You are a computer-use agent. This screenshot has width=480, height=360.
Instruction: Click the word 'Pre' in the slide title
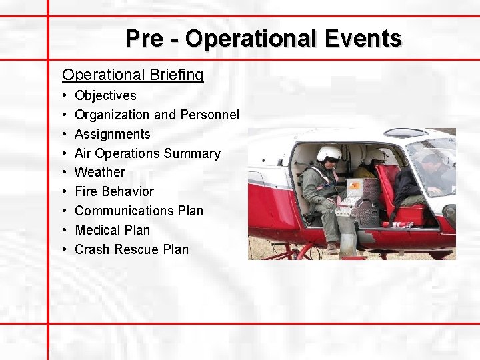pyautogui.click(x=143, y=38)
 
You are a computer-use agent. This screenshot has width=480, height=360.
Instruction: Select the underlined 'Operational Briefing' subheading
pyautogui.click(x=133, y=75)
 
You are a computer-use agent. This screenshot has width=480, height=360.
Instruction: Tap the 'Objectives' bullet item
pyautogui.click(x=105, y=95)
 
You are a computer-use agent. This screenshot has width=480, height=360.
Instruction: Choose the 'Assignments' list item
pyautogui.click(x=113, y=134)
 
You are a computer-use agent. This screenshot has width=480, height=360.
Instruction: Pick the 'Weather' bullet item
pyautogui.click(x=100, y=172)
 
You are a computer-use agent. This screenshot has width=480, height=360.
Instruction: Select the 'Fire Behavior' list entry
pyautogui.click(x=114, y=191)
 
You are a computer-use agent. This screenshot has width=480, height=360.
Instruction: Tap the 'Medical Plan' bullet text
pyautogui.click(x=113, y=230)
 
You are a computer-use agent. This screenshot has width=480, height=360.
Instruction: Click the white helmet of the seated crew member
pyautogui.click(x=329, y=153)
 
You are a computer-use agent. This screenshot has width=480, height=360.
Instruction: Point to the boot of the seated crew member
pyautogui.click(x=331, y=248)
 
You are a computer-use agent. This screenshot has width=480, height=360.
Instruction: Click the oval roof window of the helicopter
pyautogui.click(x=406, y=132)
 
